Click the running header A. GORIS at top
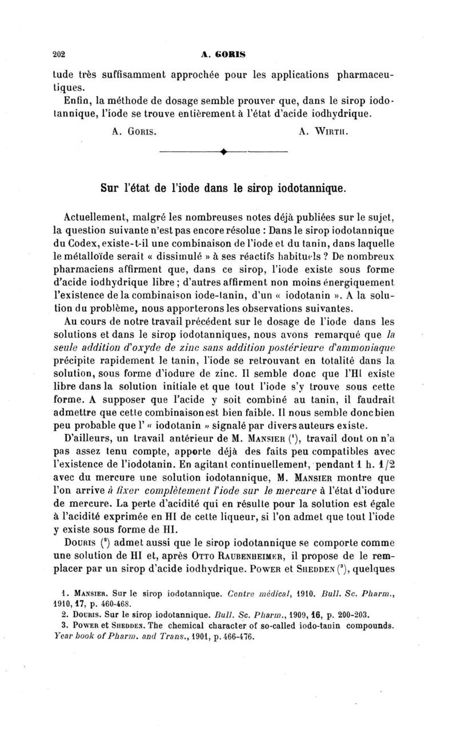tap(223, 55)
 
